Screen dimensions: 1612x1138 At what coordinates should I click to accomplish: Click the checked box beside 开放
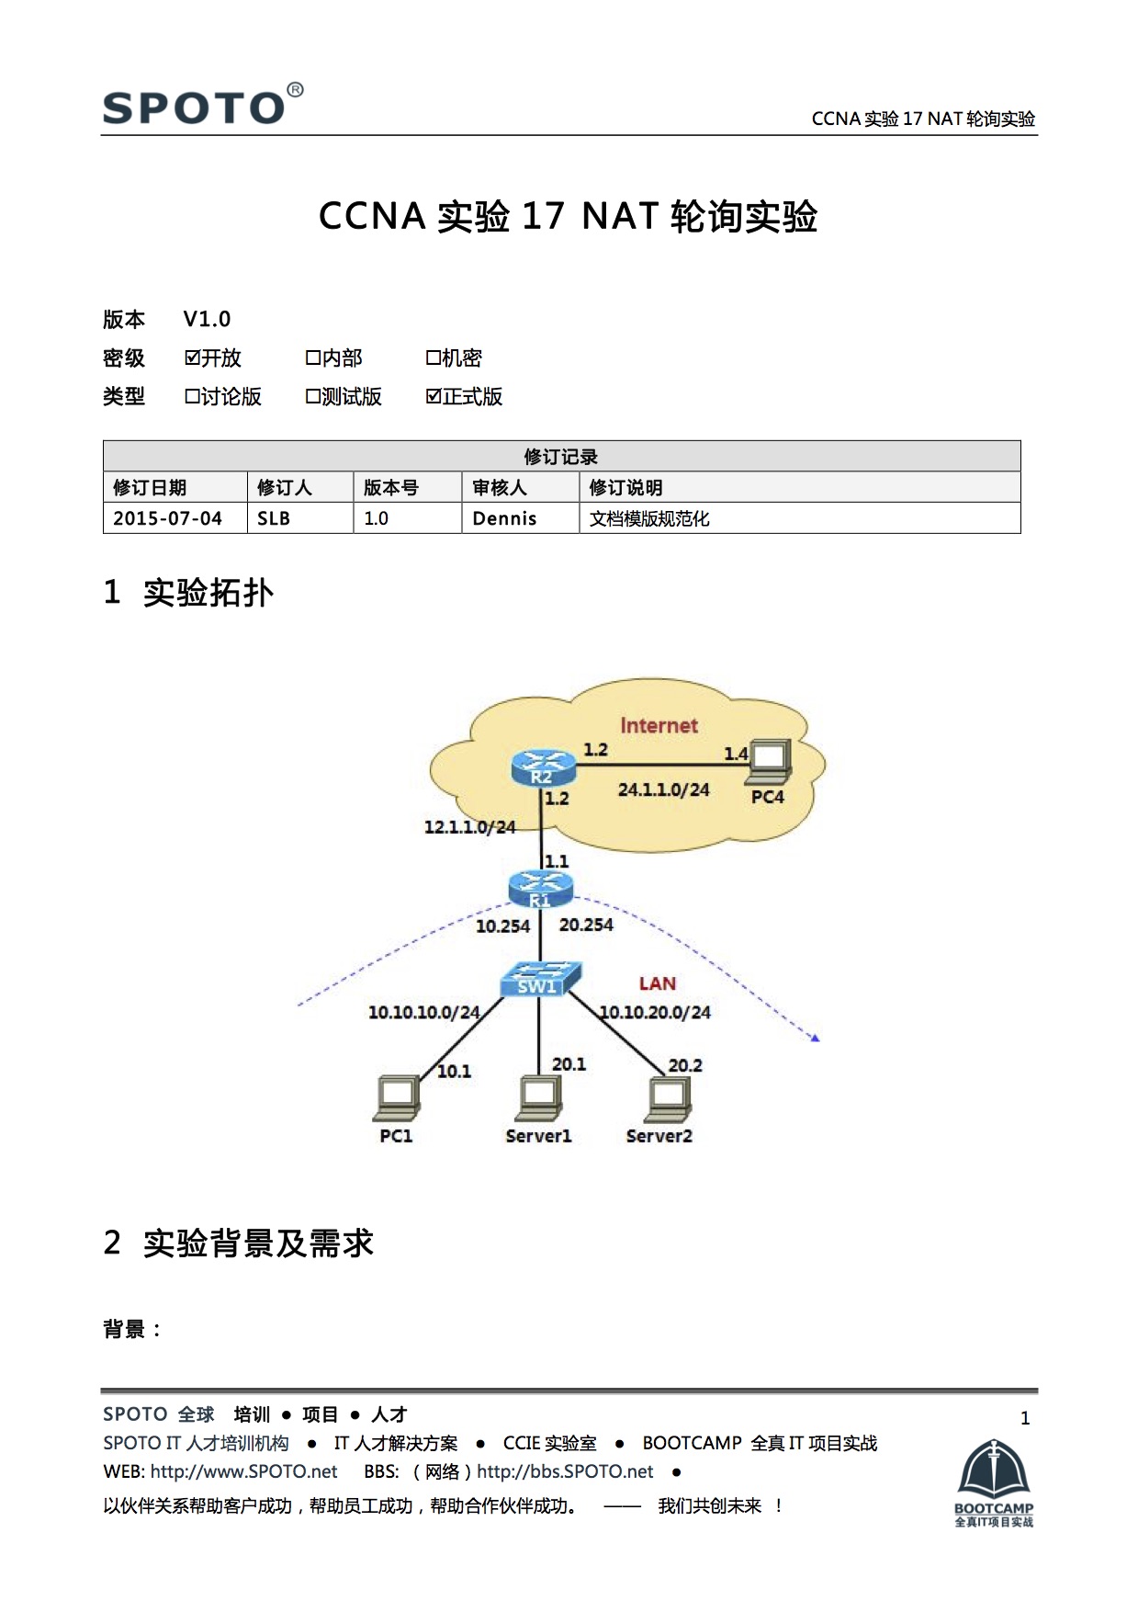coord(192,358)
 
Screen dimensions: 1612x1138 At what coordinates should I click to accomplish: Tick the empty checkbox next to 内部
coord(313,358)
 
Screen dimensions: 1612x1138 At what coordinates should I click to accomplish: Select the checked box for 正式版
coord(434,396)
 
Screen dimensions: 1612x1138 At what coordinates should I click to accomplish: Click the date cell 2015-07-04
coord(167,518)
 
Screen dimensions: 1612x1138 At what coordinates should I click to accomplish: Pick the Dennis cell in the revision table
coord(504,518)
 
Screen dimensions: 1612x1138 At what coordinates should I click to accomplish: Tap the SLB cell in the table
coord(274,518)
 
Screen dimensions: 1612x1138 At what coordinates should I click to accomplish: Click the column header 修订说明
coord(625,487)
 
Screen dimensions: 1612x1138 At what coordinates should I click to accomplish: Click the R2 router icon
coord(543,766)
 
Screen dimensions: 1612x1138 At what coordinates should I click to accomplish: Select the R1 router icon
coord(540,889)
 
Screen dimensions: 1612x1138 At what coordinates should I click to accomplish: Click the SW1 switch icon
coord(540,980)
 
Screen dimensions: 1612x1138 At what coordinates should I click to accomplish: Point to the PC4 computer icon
coord(769,760)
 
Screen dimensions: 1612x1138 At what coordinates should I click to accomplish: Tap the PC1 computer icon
coord(397,1098)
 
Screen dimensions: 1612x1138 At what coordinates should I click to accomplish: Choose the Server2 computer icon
coord(669,1099)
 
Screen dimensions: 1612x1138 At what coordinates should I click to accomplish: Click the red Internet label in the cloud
coord(659,725)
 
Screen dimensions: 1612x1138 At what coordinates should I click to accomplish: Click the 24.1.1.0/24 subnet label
coord(663,789)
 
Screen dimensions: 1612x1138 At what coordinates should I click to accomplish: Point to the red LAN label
coord(657,983)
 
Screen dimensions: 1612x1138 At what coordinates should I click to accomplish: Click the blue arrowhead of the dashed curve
coord(814,1038)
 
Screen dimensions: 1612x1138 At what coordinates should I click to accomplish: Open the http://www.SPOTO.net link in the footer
coord(243,1471)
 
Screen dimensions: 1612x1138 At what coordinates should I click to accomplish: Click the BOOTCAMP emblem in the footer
coord(994,1481)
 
